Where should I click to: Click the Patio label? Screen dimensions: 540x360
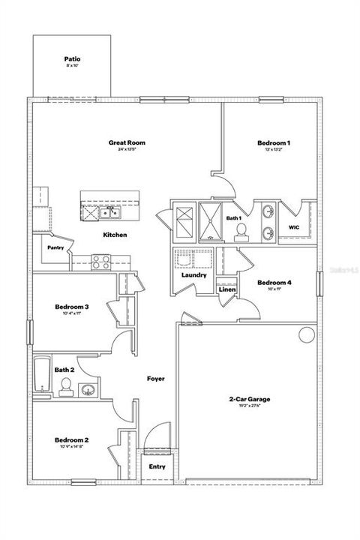73,58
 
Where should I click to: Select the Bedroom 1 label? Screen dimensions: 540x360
274,142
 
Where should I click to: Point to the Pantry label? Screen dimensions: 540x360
55,247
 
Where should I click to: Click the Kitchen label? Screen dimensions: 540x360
115,235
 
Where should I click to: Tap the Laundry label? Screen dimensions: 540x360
193,275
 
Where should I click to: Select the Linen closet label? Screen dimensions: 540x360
227,289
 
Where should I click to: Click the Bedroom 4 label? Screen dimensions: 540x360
274,283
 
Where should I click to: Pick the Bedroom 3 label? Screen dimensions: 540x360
72,307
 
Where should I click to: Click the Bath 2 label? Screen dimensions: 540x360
64,370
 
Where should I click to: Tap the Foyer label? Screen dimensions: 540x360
155,379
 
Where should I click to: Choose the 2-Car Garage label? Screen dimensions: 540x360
250,399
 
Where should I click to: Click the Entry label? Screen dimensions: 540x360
157,466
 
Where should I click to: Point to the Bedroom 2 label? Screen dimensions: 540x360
72,440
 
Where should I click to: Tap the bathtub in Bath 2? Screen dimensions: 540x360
41,375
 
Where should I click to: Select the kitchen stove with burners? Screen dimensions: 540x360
101,262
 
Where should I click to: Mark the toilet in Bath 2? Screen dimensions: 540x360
66,386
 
